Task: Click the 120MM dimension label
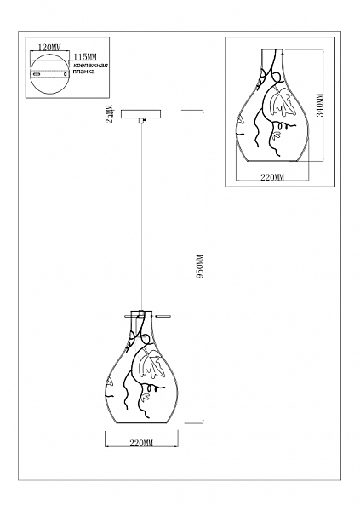point(50,47)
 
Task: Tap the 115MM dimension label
point(85,57)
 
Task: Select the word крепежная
point(90,66)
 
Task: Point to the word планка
point(84,72)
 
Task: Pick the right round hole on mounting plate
point(66,75)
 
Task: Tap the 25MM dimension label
point(111,114)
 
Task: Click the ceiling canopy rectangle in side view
point(140,114)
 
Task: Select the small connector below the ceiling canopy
point(140,121)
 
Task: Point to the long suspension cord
point(140,216)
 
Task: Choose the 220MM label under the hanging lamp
point(141,443)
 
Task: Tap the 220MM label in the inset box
point(272,177)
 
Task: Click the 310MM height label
point(320,105)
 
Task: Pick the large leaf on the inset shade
point(281,101)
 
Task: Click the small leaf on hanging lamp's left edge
point(109,382)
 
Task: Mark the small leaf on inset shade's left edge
point(241,120)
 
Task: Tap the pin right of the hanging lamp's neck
point(163,315)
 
